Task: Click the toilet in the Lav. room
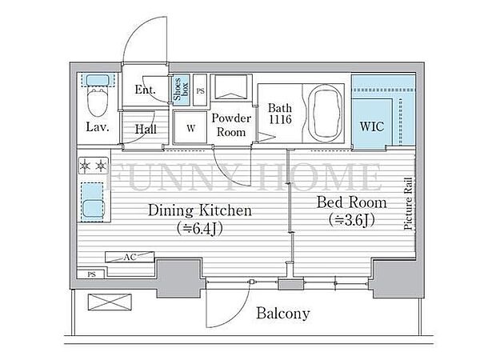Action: coord(98,101)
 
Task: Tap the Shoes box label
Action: coord(181,89)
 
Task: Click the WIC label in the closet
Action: coord(372,126)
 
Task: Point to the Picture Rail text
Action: coord(408,204)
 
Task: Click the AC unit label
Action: coord(130,257)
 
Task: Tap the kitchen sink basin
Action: coord(93,208)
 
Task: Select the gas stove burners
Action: coord(93,166)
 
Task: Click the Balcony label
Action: coord(283,314)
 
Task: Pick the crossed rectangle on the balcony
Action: coord(110,302)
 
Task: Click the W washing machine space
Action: coord(190,128)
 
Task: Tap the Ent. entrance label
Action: coord(146,90)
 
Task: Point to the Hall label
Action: coord(146,129)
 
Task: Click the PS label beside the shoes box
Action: coord(200,91)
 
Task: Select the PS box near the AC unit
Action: coord(91,274)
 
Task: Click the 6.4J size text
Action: coord(199,228)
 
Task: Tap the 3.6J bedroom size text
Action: coord(352,220)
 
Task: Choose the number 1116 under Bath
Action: coord(280,119)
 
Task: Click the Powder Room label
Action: coord(231,126)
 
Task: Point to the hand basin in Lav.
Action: coord(98,81)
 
